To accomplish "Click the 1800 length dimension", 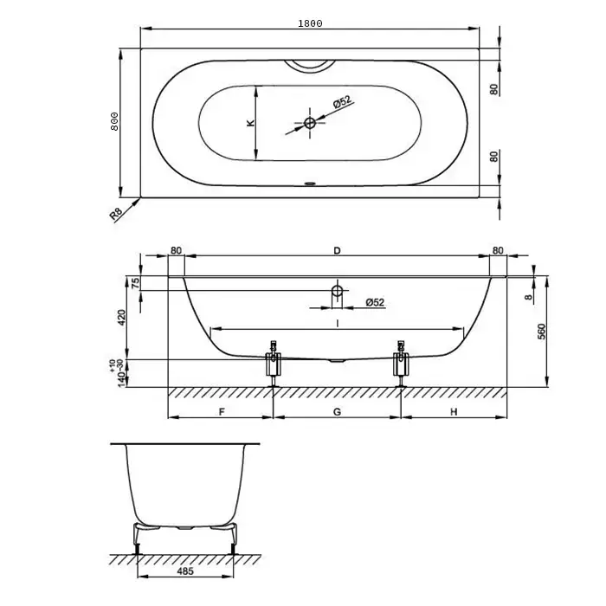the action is point(310,23).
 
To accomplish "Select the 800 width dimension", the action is point(114,121).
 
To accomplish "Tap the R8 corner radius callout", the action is point(116,214).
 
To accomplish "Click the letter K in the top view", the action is point(251,123).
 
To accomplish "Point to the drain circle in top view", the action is point(310,123).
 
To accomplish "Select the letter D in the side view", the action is point(337,250).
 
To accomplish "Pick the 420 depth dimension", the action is point(121,318).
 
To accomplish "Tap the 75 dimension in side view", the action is point(136,283).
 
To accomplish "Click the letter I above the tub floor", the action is point(338,323).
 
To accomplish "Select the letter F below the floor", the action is point(222,412).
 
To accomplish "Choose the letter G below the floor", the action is point(337,412).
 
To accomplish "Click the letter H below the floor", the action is point(454,412).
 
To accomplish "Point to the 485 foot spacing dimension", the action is point(185,571).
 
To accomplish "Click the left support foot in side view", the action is point(274,364).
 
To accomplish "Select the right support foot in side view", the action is point(401,364).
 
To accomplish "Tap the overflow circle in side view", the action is point(338,291).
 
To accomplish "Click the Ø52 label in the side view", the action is point(375,302).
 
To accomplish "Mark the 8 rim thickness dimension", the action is point(529,297).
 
